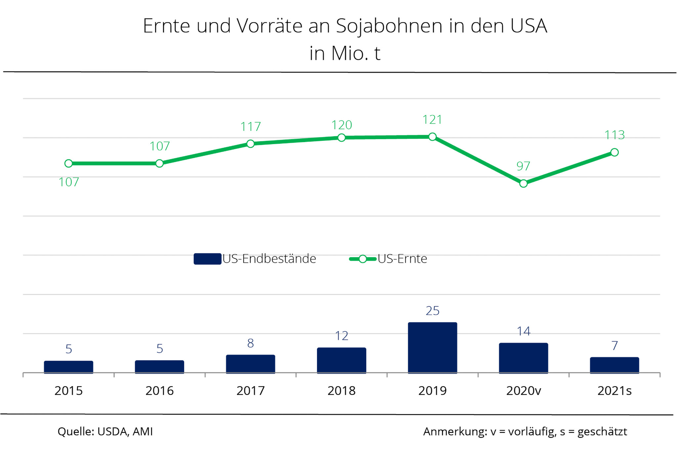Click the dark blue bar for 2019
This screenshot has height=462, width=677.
click(432, 348)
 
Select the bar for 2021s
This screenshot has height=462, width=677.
click(614, 365)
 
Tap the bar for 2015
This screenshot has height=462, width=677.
click(68, 367)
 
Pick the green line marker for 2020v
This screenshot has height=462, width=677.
click(523, 183)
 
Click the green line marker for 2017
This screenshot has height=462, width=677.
click(251, 144)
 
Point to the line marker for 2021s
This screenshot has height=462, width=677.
click(615, 152)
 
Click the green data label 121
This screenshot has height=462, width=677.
click(432, 120)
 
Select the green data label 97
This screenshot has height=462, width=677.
click(523, 166)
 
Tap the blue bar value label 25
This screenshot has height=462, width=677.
click(432, 311)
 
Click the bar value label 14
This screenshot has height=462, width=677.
click(524, 331)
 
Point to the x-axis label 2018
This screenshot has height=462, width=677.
click(341, 391)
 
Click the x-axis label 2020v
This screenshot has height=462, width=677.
click(524, 391)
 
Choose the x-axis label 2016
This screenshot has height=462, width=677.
click(160, 391)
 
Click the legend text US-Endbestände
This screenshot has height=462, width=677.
click(269, 259)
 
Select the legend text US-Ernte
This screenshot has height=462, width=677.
click(402, 259)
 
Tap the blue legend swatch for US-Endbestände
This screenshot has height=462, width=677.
click(207, 259)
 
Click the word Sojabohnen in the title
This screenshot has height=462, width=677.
click(389, 26)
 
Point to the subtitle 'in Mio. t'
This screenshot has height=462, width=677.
click(345, 53)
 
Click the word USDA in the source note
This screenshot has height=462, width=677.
click(112, 432)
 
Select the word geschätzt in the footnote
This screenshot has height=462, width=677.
click(602, 432)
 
